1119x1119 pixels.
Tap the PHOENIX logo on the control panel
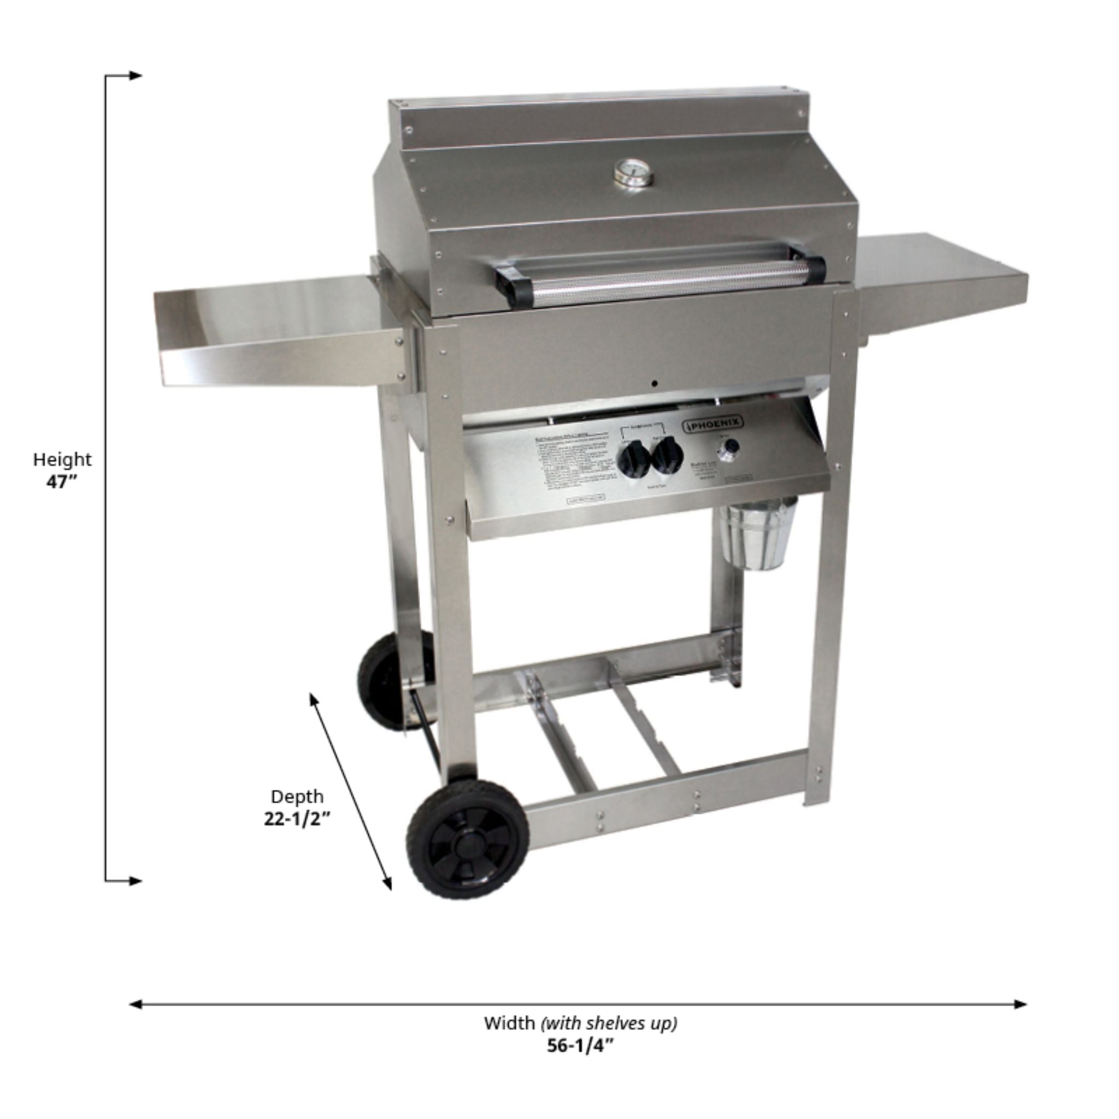point(714,423)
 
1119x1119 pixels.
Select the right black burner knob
point(667,455)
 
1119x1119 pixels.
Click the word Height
point(62,460)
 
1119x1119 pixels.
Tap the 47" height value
point(61,482)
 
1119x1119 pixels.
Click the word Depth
point(297,797)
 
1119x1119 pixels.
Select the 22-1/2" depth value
point(297,820)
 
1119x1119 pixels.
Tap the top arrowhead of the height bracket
point(136,75)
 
